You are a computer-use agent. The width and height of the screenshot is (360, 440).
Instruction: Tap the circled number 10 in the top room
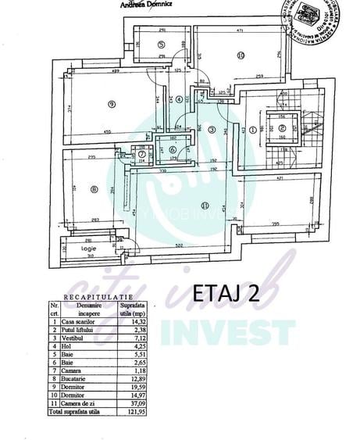(x=241, y=55)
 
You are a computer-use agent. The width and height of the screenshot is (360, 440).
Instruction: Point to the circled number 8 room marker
(x=93, y=188)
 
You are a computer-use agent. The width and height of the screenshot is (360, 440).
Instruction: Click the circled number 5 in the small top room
(x=161, y=45)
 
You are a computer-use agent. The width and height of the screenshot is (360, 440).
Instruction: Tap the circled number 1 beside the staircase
(x=253, y=130)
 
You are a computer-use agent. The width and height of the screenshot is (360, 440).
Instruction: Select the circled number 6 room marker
(x=172, y=150)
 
